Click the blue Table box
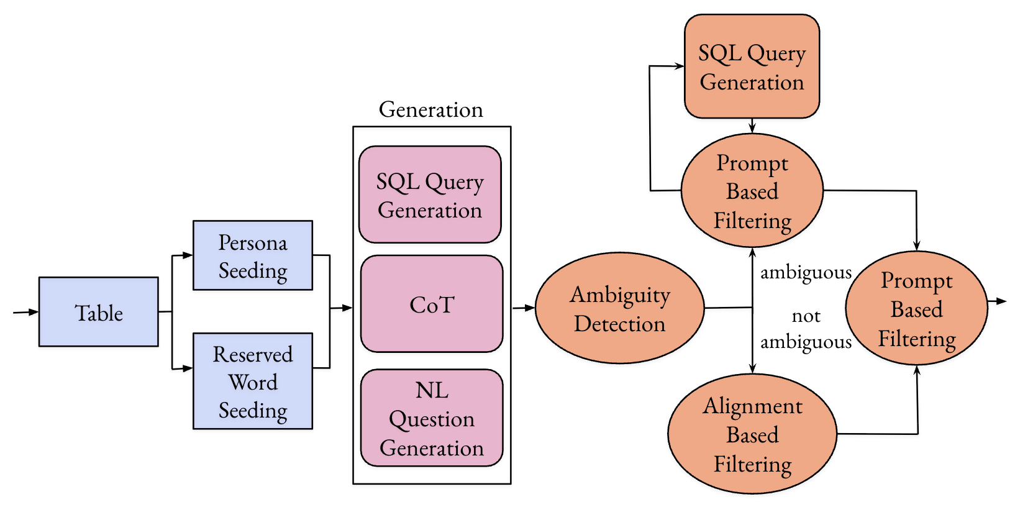[99, 312]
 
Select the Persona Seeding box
[253, 255]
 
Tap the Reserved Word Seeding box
[253, 381]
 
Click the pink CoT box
[432, 304]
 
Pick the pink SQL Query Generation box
[430, 194]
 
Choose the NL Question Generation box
[432, 418]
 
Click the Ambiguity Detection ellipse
[620, 308]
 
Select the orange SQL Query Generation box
[752, 66]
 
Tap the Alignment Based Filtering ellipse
[752, 434]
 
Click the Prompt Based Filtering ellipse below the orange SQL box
[752, 190]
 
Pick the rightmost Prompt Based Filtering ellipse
[917, 308]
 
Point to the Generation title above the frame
[431, 109]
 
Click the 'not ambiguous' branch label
[806, 329]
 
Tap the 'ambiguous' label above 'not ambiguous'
[806, 273]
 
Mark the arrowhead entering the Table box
[34, 312]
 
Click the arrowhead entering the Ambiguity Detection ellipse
[530, 308]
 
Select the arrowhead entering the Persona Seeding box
[188, 255]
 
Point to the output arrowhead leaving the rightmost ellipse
[1001, 301]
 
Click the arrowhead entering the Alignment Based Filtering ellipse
[752, 368]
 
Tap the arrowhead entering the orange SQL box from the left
[679, 66]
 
